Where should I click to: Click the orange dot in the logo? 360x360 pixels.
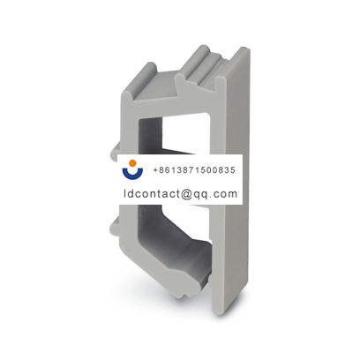(134, 164)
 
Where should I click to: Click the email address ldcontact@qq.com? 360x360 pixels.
(181, 192)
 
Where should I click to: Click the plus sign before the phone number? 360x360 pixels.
(156, 169)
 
